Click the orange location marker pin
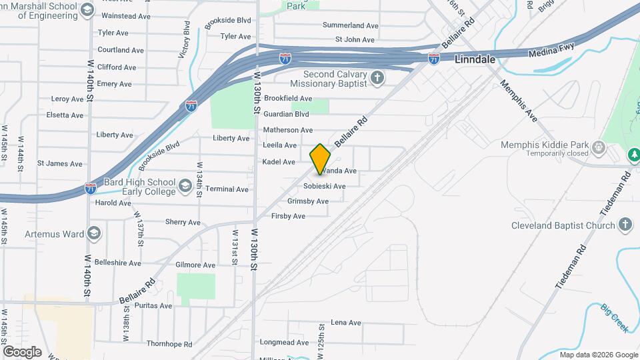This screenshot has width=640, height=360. tap(321, 159)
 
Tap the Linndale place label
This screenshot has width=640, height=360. tap(475, 59)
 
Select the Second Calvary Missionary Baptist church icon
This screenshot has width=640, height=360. tap(377, 79)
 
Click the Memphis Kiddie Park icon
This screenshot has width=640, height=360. tap(598, 146)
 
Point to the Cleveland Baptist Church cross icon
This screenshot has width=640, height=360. tap(625, 225)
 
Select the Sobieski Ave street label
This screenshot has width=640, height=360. tap(324, 186)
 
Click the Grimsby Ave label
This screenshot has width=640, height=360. tap(308, 201)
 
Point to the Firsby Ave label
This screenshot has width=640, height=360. tap(289, 216)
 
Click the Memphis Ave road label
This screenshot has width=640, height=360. tap(517, 101)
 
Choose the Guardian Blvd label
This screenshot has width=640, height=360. tap(287, 114)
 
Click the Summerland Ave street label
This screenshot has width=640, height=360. tap(351, 25)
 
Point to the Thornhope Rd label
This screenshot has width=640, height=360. tap(169, 344)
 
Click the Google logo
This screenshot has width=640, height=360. tap(22, 351)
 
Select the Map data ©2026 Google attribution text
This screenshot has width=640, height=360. tap(598, 355)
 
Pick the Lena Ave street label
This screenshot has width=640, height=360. tap(345, 322)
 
